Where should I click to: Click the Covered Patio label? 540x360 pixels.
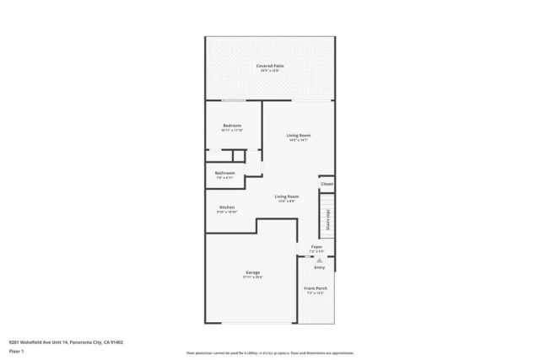coord(270,65)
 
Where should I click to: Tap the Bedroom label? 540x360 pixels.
coord(231,126)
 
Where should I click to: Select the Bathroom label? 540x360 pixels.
coord(224,173)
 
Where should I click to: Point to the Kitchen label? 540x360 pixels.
coord(227,207)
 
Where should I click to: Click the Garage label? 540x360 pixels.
coord(252,272)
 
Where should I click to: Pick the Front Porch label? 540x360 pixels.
coord(316,288)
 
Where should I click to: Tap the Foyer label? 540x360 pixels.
coord(316,247)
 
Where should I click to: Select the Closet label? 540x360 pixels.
coord(326,183)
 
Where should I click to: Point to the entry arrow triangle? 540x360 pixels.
coord(319,261)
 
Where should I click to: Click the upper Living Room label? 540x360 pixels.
coord(299,135)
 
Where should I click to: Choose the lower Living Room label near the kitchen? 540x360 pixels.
coord(286,196)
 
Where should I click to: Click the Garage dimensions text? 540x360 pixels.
coord(252,277)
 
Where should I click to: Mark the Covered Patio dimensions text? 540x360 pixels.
coord(270,70)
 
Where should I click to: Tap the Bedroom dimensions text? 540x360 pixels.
coord(231,131)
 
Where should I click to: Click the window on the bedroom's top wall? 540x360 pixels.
coord(234,100)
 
